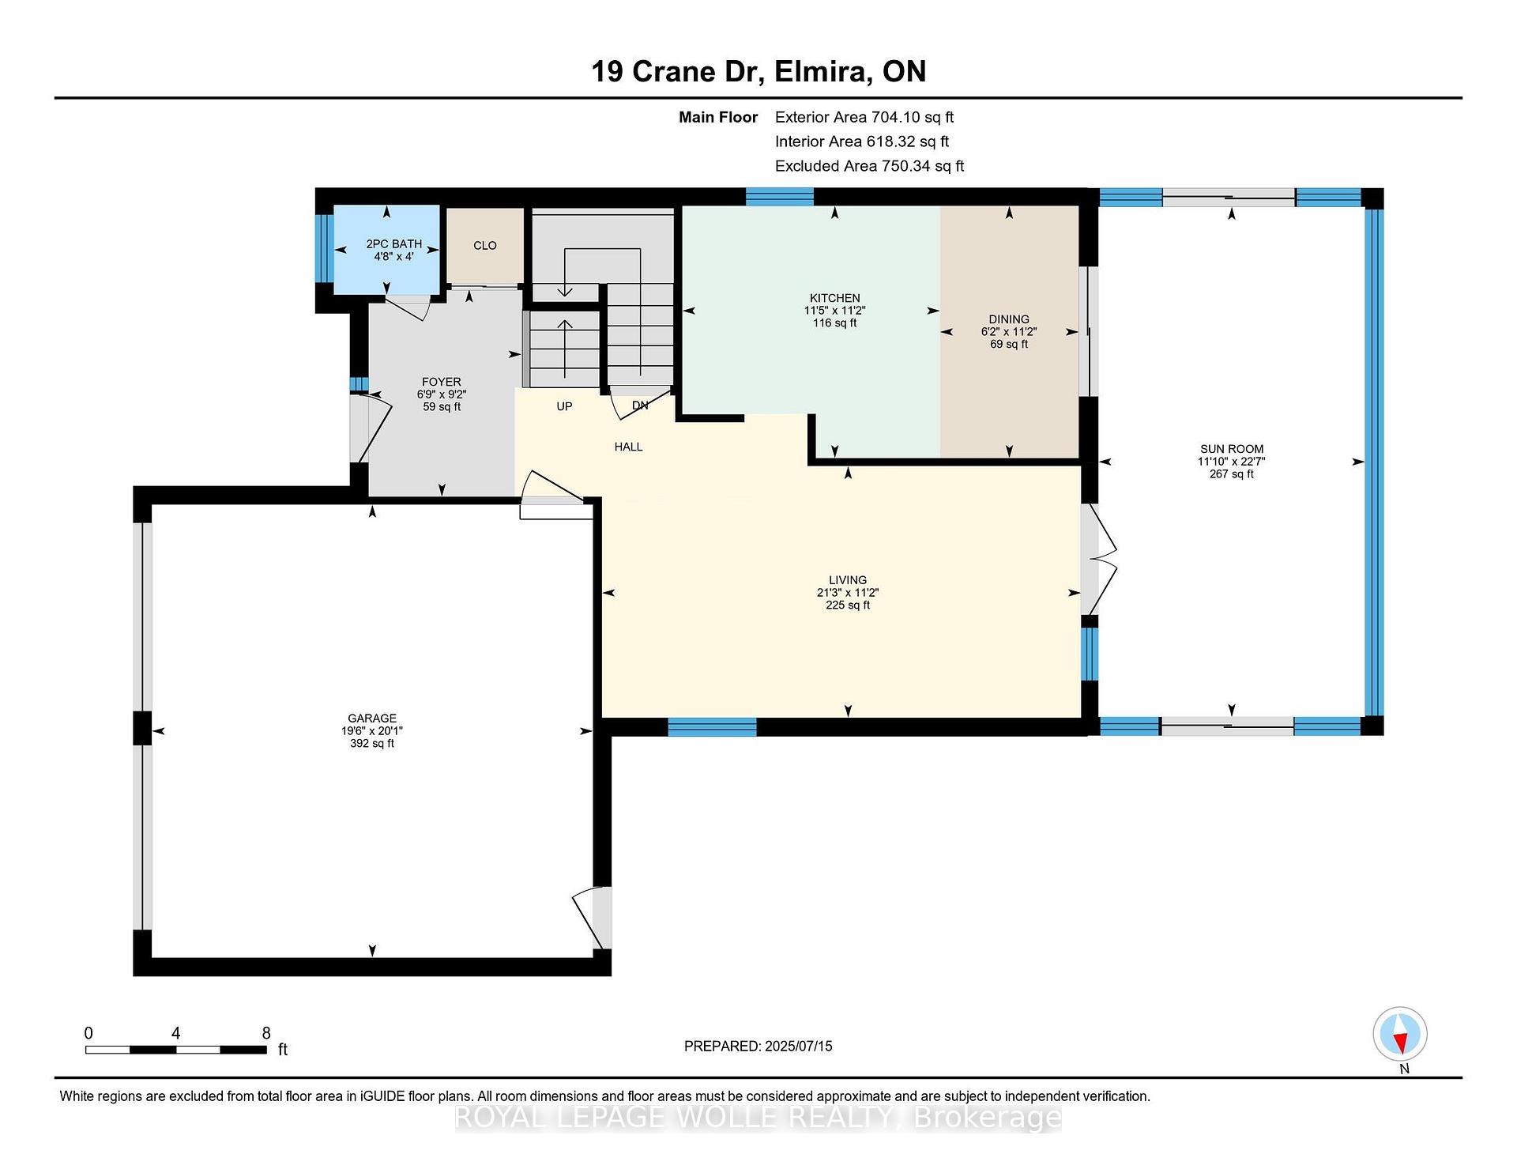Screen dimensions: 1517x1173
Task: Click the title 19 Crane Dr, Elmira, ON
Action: pyautogui.click(x=758, y=71)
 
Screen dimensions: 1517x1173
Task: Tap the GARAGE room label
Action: pyautogui.click(x=372, y=719)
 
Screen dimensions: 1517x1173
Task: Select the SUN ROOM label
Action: pyautogui.click(x=1232, y=449)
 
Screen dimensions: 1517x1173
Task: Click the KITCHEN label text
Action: pyautogui.click(x=835, y=298)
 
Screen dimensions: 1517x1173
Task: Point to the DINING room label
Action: pyautogui.click(x=1009, y=319)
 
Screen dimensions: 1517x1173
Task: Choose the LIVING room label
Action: pyautogui.click(x=848, y=580)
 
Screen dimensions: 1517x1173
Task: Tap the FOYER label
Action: pyautogui.click(x=442, y=382)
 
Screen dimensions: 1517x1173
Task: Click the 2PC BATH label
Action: pyautogui.click(x=394, y=244)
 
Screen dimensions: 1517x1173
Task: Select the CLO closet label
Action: pyautogui.click(x=485, y=246)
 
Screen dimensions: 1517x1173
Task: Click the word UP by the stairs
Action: pyautogui.click(x=564, y=406)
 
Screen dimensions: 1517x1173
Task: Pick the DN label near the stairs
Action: pyautogui.click(x=640, y=405)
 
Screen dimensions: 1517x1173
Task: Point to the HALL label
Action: pyautogui.click(x=629, y=447)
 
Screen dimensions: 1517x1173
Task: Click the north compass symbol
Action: pyautogui.click(x=1400, y=1034)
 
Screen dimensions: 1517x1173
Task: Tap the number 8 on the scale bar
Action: pyautogui.click(x=266, y=1033)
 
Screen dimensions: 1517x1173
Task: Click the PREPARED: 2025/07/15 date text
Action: pyautogui.click(x=758, y=1047)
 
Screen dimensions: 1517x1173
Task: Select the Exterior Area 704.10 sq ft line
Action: pyautogui.click(x=864, y=117)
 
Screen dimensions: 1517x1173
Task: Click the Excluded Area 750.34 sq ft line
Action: pyautogui.click(x=869, y=166)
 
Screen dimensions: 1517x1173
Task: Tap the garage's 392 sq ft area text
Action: pyautogui.click(x=372, y=744)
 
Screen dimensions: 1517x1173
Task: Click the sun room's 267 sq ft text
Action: pyautogui.click(x=1232, y=474)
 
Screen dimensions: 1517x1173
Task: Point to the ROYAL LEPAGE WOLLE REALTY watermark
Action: pyautogui.click(x=758, y=1118)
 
